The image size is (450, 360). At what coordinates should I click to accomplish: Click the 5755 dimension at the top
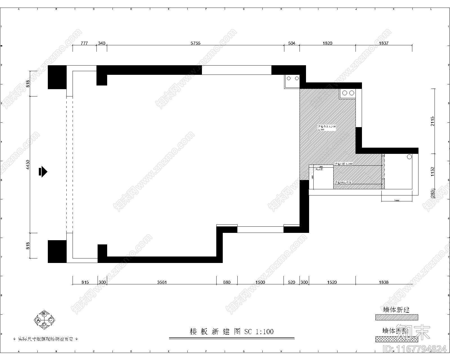coord(195,43)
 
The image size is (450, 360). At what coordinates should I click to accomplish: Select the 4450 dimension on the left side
coord(28,165)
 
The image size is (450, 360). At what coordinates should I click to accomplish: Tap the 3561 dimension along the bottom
coord(162,282)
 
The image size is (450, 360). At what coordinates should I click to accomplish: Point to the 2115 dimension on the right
coord(433,121)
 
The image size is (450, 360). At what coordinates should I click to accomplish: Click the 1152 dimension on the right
coord(433,171)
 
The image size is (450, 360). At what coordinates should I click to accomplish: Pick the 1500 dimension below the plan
coord(260,282)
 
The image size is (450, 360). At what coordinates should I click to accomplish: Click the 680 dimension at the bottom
coord(227,282)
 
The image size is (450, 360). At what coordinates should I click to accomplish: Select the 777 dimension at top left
coord(84,43)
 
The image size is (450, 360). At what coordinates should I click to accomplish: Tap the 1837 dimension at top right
coord(384,43)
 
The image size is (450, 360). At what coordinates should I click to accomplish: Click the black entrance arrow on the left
coord(43,172)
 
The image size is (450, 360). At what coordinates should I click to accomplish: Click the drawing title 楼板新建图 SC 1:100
coord(231,332)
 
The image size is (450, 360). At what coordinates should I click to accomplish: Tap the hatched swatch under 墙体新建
coord(397,317)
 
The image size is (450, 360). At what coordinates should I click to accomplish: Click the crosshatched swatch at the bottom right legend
coord(397,339)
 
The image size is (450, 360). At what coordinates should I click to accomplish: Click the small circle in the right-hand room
coord(409,157)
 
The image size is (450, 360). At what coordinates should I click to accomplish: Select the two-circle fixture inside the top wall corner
coord(292,78)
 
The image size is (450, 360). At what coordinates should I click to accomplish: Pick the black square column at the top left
coord(57,77)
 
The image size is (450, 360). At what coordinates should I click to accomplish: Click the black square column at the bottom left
coord(57,251)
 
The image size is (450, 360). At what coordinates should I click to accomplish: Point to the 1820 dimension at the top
coord(327,43)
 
